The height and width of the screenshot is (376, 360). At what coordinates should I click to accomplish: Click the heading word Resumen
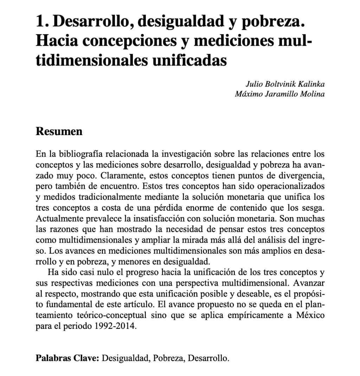[x=59, y=132]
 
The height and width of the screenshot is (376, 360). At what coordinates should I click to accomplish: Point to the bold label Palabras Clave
[x=68, y=359]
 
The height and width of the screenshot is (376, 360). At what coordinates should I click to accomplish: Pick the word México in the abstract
[x=309, y=316]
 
